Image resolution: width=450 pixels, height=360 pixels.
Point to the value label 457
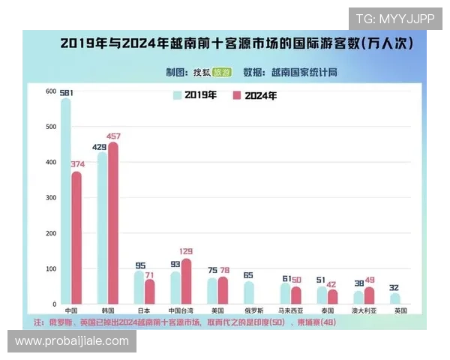pos(114,136)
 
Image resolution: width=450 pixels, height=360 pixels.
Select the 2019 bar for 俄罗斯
pos(248,292)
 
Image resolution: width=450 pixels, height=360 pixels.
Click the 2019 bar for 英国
pos(394,298)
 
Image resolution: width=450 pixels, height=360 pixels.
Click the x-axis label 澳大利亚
pos(363,310)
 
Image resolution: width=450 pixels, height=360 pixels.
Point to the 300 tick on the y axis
pos(50,198)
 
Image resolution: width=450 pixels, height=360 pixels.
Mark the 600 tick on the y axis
pos(50,91)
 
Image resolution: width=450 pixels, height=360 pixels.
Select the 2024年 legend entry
pos(254,95)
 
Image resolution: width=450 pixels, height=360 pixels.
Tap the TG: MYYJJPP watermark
pos(394,18)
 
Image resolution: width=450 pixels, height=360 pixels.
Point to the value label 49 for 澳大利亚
pos(369,280)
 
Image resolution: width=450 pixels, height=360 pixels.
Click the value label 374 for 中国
pos(76,164)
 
